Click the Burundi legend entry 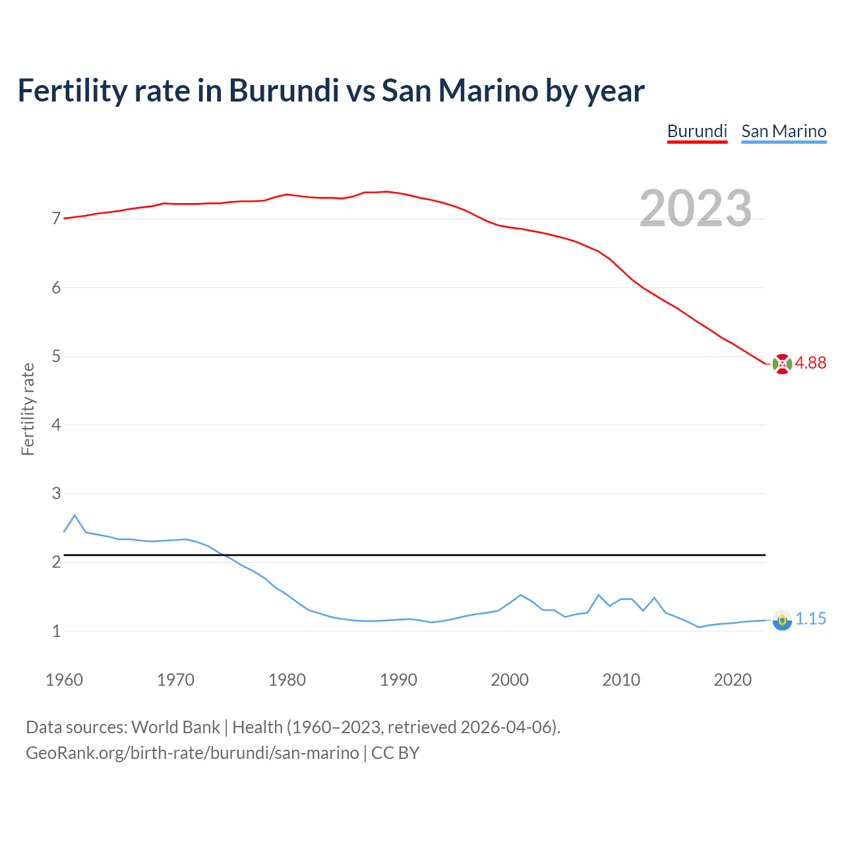coord(697,131)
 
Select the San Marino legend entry coord(783,131)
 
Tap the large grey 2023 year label coord(695,208)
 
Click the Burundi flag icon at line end coord(782,364)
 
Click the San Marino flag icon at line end coord(782,620)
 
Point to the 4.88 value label coord(810,363)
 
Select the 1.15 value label coord(810,619)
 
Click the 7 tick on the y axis coord(56,219)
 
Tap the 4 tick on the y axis coord(56,425)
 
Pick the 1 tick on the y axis coord(56,632)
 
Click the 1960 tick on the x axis coord(64,680)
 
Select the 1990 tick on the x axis coord(398,680)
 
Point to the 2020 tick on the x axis coord(733,680)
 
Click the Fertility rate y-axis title coord(28,409)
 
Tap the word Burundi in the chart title coord(284,90)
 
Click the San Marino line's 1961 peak coord(75,515)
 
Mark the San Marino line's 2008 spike coord(599,595)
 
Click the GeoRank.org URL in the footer coord(192,753)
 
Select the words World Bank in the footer coord(175,727)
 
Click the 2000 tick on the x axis coord(510,680)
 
